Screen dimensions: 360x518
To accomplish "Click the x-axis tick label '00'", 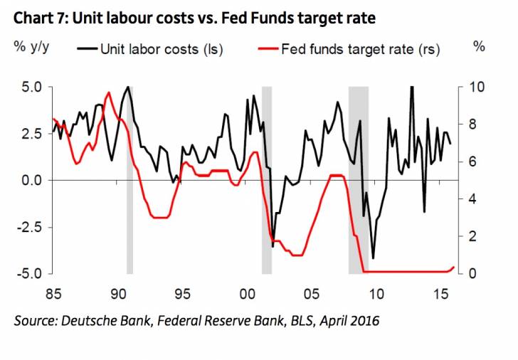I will [x=248, y=293].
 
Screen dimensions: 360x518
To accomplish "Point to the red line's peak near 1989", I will [x=108, y=92].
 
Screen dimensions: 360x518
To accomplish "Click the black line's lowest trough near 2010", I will [x=373, y=258].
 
